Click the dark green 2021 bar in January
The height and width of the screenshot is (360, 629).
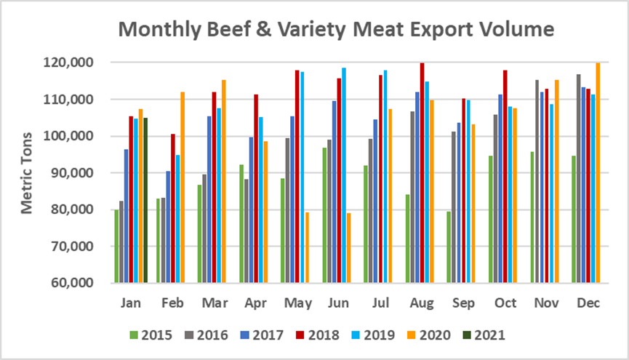coord(145,200)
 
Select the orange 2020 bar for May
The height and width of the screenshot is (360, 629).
coord(308,247)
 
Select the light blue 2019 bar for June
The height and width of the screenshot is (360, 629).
coord(343,175)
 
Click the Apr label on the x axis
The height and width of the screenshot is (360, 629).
coord(255,303)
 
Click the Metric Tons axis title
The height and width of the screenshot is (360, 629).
coord(27,173)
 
